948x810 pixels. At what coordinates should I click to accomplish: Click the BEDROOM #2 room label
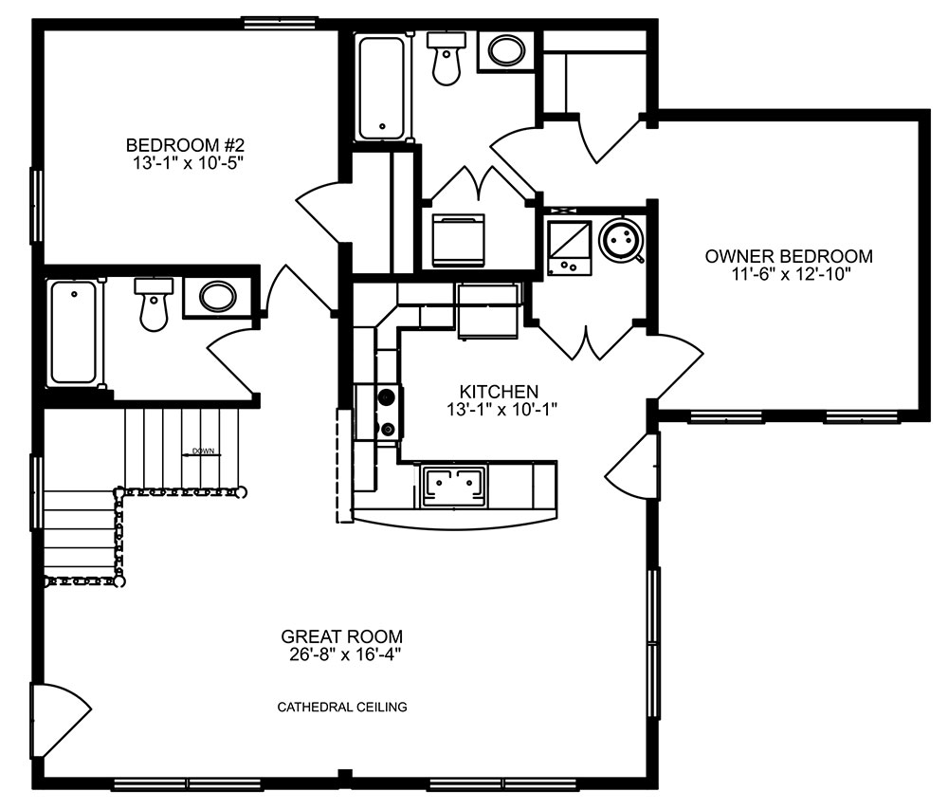pyautogui.click(x=185, y=145)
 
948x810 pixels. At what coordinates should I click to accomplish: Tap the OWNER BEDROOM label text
pyautogui.click(x=789, y=256)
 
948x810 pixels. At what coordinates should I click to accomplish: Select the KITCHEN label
pyautogui.click(x=499, y=392)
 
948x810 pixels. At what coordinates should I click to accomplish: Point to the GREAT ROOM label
pyautogui.click(x=341, y=636)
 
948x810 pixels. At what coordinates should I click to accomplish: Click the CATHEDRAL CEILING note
pyautogui.click(x=342, y=707)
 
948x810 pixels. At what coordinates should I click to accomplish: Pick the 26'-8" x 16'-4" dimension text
pyautogui.click(x=345, y=654)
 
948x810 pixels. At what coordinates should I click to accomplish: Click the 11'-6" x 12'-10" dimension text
pyautogui.click(x=792, y=274)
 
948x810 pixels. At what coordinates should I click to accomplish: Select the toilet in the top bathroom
pyautogui.click(x=447, y=58)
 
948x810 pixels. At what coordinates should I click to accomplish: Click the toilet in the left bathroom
pyautogui.click(x=154, y=304)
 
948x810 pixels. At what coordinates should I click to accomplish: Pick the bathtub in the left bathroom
pyautogui.click(x=73, y=332)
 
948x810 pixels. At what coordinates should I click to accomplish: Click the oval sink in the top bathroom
pyautogui.click(x=506, y=50)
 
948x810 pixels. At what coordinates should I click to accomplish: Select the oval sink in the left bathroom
pyautogui.click(x=218, y=297)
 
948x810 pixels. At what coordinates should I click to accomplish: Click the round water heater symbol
pyautogui.click(x=621, y=241)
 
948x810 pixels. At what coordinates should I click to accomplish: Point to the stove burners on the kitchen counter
pyautogui.click(x=387, y=412)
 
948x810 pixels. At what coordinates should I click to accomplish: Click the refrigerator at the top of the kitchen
pyautogui.click(x=488, y=312)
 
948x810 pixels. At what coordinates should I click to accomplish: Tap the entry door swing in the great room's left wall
pyautogui.click(x=61, y=720)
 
